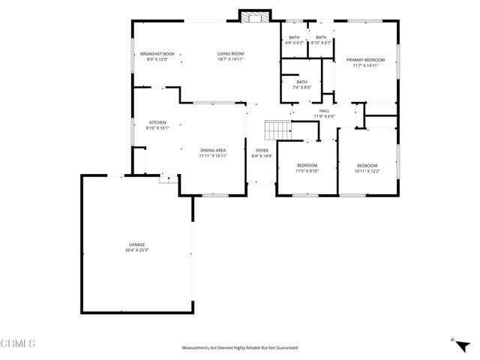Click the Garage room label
point(136,244)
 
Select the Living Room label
point(230,54)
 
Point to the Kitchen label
point(157,123)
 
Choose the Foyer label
point(262,151)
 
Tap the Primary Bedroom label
point(365,60)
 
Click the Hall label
point(324,111)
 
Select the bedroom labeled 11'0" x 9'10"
point(307,166)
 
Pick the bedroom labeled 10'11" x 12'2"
point(367,166)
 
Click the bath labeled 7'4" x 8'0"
point(301,82)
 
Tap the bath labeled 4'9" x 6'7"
point(294,37)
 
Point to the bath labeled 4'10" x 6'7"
point(321,37)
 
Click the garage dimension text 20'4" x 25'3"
point(136,250)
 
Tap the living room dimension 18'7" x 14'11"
point(230,59)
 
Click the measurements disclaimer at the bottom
point(240,348)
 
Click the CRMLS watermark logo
point(19,343)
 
